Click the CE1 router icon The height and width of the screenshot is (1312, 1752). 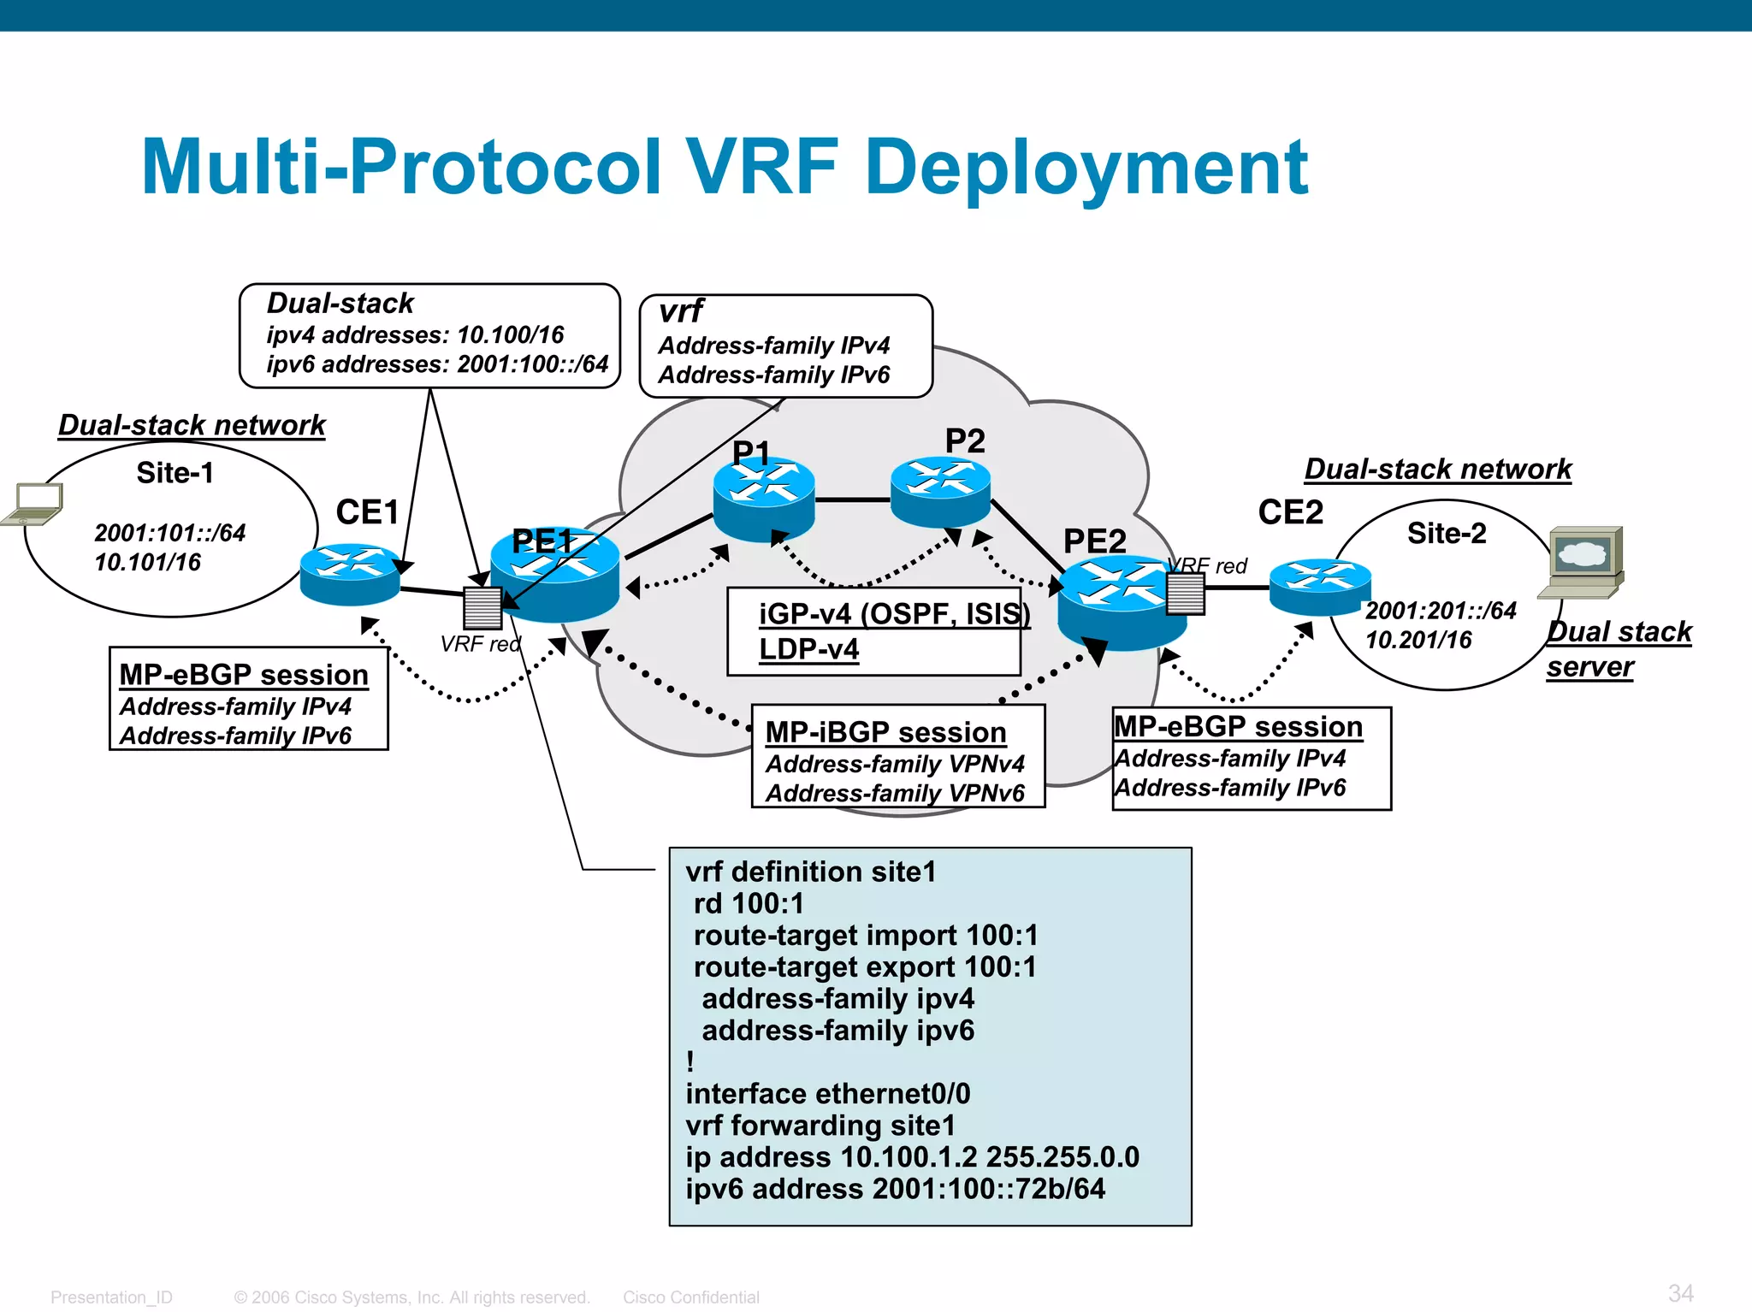pos(350,574)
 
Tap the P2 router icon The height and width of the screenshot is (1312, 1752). pos(940,491)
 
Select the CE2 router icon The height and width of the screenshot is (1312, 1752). pos(1320,586)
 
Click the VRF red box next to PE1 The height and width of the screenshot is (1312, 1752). pos(482,607)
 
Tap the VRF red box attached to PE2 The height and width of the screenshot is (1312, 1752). pos(1186,593)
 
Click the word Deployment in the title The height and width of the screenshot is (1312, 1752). pos(1086,168)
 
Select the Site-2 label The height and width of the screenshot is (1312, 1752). pos(1447,534)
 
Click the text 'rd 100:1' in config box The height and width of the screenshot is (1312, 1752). pos(749,903)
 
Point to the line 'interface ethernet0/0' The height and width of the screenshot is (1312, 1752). pos(827,1094)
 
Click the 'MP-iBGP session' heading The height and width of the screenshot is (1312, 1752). pos(885,733)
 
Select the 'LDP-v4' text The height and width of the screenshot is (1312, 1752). pos(808,649)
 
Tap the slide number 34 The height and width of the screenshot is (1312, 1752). pos(1680,1292)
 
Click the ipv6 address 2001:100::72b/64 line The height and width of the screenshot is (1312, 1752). pos(895,1189)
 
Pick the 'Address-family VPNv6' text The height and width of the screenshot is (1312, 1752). pos(895,793)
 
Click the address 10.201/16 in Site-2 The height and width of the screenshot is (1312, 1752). pos(1418,640)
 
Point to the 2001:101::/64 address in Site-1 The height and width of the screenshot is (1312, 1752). pos(169,533)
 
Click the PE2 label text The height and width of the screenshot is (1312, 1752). pos(1094,541)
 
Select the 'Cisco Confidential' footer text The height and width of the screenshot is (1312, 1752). pos(690,1297)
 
